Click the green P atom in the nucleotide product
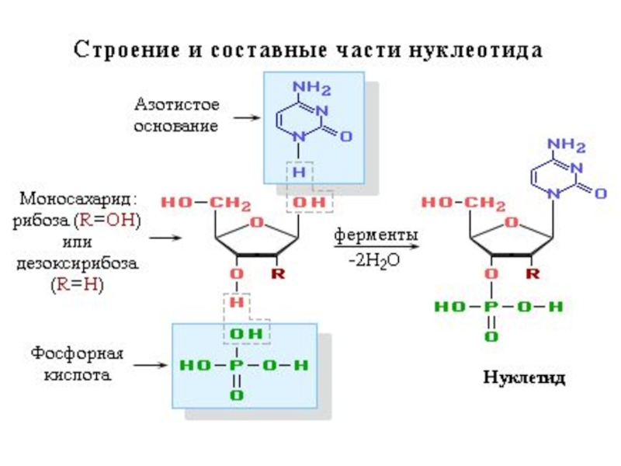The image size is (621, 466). click(490, 308)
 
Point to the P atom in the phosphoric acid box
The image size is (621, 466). click(237, 365)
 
